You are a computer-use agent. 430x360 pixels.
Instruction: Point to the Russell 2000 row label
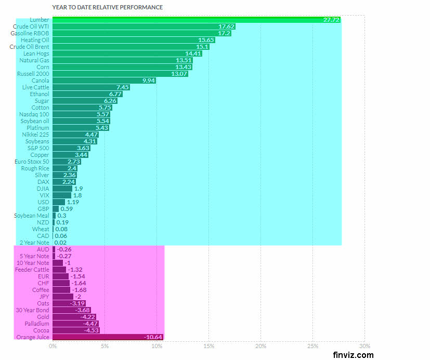click(33, 74)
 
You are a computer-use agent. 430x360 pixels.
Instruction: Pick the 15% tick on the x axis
click(209, 346)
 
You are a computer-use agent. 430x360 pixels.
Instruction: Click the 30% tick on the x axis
click(364, 346)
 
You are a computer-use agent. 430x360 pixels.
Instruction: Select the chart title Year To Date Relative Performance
click(108, 7)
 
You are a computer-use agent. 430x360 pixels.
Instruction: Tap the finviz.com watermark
click(353, 355)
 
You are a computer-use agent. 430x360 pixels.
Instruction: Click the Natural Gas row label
click(34, 60)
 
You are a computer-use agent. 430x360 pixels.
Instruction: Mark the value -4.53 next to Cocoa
click(90, 330)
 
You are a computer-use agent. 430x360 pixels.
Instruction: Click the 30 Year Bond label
click(32, 310)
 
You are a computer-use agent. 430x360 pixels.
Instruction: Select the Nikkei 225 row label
click(36, 135)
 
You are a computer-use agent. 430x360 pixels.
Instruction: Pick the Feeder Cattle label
click(32, 270)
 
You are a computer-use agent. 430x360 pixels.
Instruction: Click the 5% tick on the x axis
click(105, 346)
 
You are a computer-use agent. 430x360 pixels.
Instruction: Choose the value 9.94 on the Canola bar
click(148, 81)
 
